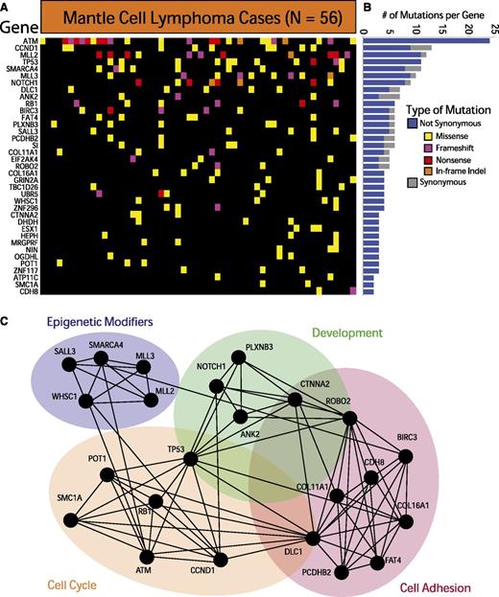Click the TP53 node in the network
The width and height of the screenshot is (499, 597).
(x=191, y=459)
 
